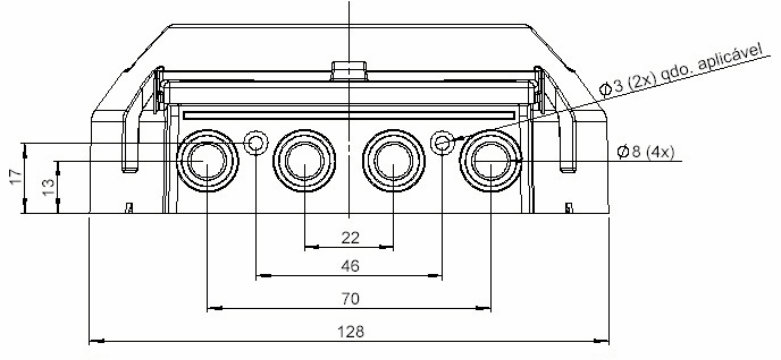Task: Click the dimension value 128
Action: (351, 331)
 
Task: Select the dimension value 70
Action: (350, 299)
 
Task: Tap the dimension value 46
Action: (350, 266)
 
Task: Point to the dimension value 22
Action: (350, 238)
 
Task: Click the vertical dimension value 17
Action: (16, 176)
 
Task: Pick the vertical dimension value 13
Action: (48, 187)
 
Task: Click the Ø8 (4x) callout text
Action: (646, 152)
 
